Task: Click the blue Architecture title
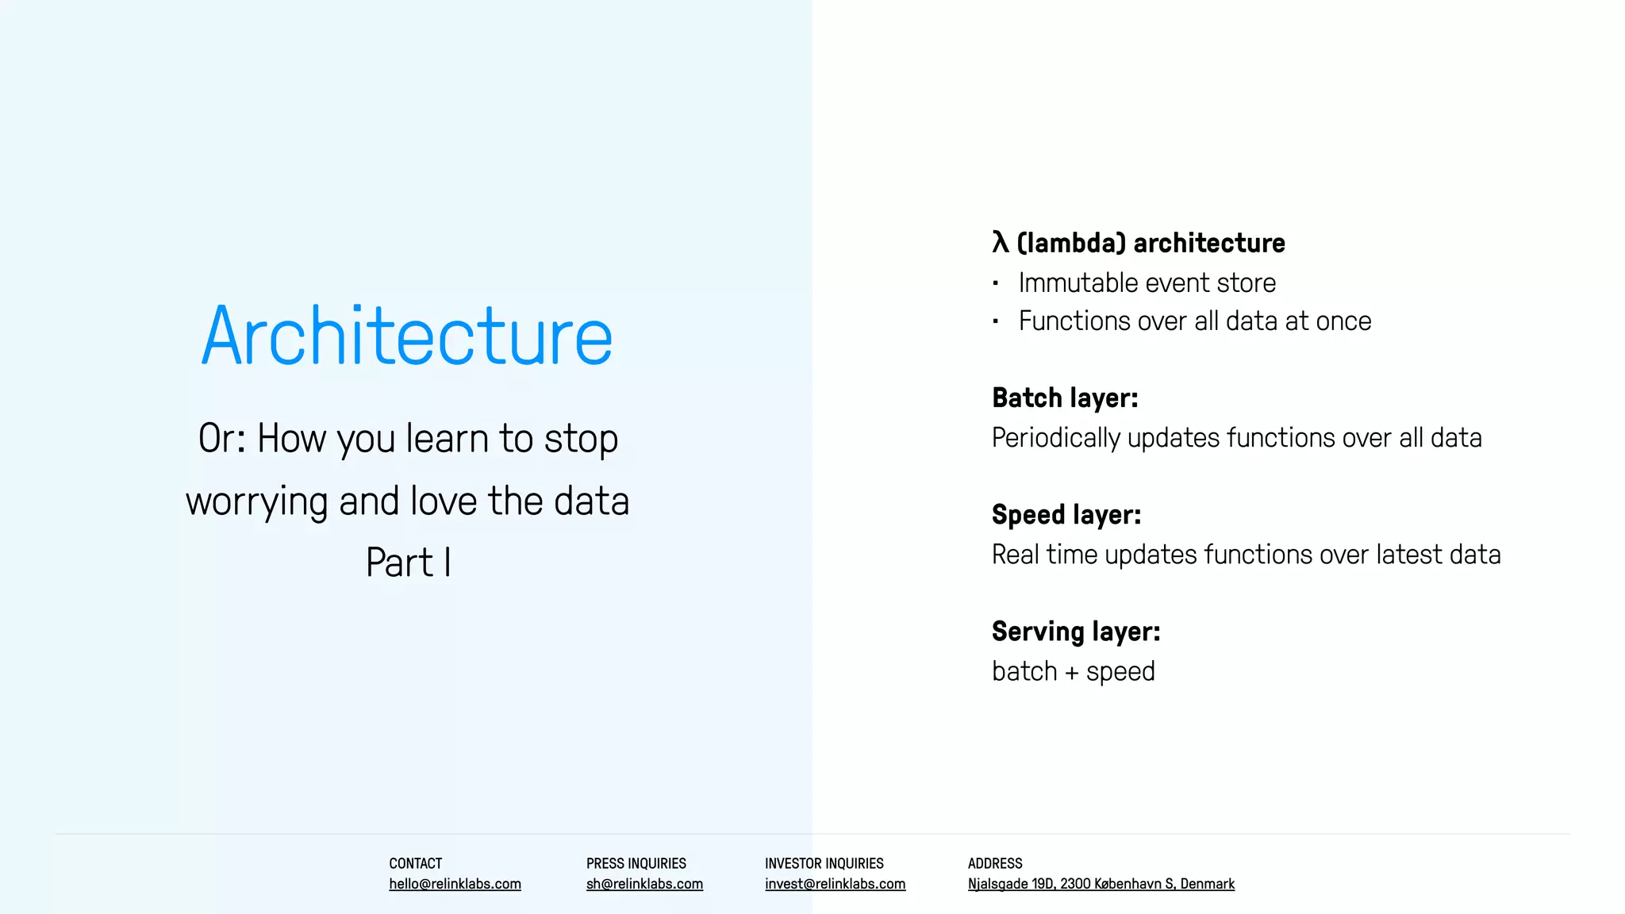click(407, 336)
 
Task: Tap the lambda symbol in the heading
click(1000, 242)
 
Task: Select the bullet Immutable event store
click(1147, 283)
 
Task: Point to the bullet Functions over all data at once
click(1194, 321)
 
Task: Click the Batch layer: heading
click(1064, 398)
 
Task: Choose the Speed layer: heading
click(1066, 515)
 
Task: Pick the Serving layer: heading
click(1075, 632)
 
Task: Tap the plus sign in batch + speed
click(1071, 673)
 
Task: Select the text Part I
click(408, 563)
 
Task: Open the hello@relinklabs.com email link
click(455, 884)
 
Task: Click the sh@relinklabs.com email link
click(644, 884)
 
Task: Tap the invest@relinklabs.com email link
click(835, 884)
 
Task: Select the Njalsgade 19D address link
click(1101, 884)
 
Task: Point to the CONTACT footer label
click(415, 863)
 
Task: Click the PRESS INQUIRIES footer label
click(636, 863)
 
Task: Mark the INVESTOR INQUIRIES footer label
click(824, 863)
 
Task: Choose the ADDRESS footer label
click(994, 863)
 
